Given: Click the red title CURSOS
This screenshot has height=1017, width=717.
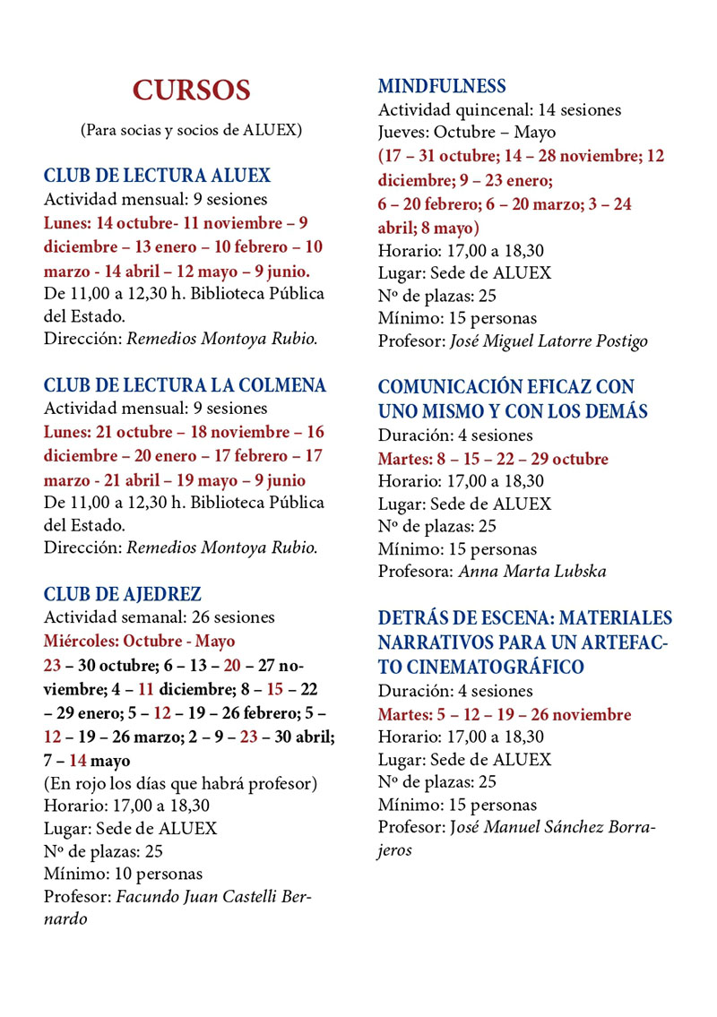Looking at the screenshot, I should click(x=191, y=90).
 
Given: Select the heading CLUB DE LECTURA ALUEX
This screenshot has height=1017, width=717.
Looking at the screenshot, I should click(x=157, y=176).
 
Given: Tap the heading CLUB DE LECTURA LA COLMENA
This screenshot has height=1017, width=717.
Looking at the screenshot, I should click(x=185, y=385).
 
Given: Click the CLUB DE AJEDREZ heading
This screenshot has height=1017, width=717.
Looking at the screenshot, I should click(x=123, y=594).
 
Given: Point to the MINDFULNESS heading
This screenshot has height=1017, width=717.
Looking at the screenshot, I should click(x=442, y=87).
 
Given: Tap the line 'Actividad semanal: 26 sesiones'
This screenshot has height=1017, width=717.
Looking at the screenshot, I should click(x=160, y=617).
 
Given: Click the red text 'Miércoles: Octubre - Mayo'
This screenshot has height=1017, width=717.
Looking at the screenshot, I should click(x=139, y=642).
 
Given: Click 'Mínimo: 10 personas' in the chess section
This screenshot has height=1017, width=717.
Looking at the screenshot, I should click(x=124, y=873).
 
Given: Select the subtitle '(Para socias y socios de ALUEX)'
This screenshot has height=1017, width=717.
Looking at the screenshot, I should click(x=191, y=130).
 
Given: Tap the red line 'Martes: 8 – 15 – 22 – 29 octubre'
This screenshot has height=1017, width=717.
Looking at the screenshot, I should click(x=493, y=459).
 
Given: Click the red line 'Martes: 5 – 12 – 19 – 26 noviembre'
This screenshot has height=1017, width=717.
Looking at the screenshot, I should click(x=504, y=714).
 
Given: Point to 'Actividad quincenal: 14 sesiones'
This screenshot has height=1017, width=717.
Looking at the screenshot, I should click(x=499, y=110).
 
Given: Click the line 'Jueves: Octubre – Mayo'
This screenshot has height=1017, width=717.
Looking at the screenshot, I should click(x=466, y=134).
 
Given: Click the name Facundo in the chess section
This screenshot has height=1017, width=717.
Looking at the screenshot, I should click(x=150, y=896).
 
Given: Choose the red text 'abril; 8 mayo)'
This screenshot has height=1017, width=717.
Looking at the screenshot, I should click(x=428, y=227).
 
